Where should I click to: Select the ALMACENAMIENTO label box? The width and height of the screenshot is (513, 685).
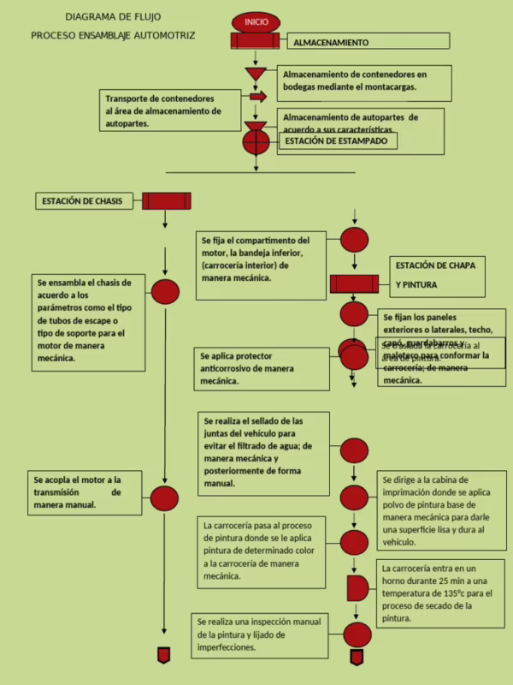click(x=368, y=42)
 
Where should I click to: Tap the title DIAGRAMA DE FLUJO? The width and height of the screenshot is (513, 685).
click(x=113, y=16)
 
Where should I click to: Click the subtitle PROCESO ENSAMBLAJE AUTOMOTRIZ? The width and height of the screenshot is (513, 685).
click(x=113, y=36)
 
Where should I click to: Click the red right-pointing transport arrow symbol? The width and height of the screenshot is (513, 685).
click(x=257, y=97)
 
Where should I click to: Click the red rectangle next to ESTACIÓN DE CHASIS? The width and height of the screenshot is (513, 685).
click(x=166, y=201)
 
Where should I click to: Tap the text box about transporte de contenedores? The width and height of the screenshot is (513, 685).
click(x=169, y=110)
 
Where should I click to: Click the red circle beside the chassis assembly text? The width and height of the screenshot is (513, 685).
click(x=165, y=292)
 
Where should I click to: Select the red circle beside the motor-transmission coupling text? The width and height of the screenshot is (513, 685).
click(x=164, y=497)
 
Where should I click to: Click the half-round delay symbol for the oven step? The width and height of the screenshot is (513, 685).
click(x=357, y=588)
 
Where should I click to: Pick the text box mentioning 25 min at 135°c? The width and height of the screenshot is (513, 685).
click(x=440, y=593)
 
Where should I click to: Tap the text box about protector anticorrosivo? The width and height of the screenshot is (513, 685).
click(x=260, y=367)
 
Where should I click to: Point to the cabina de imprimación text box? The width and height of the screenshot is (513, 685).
click(x=441, y=511)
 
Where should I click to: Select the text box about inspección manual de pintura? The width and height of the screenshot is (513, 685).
click(x=259, y=634)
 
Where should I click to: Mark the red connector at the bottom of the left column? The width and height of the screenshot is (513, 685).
click(x=163, y=656)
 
